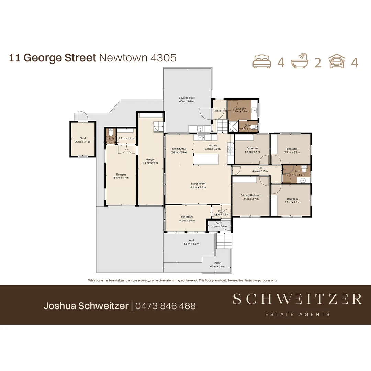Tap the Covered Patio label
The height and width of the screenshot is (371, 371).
point(187,98)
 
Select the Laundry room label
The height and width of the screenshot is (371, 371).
point(240,109)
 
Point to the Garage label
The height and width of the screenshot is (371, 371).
point(150,159)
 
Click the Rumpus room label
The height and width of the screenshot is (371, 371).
point(121,174)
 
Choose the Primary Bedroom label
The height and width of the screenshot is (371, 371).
point(251,195)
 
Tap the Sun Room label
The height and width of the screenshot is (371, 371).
point(187,217)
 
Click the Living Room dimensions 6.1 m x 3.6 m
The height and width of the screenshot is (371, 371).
point(198,188)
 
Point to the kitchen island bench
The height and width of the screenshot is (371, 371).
point(206,159)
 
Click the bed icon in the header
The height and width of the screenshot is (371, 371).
point(262,62)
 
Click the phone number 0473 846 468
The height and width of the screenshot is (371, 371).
point(165,306)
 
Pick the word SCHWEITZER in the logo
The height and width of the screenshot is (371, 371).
point(297,299)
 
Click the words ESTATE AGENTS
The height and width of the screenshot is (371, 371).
point(297,314)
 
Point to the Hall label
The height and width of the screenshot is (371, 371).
point(260,168)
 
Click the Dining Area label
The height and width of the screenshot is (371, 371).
point(179,149)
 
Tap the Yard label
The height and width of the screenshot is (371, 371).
point(191,240)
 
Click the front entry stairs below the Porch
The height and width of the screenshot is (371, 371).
point(224,240)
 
